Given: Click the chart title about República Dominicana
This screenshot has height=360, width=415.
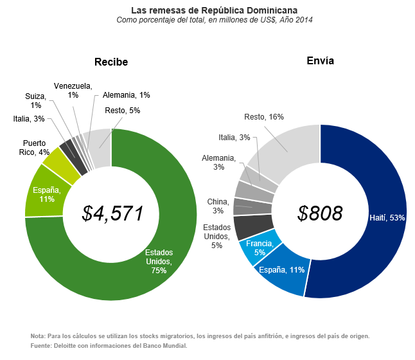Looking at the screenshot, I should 214,10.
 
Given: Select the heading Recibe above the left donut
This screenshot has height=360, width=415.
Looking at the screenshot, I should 111,62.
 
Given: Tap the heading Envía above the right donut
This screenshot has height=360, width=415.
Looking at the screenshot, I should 320,61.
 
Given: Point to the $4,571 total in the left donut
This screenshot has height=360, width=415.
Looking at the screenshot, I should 112,213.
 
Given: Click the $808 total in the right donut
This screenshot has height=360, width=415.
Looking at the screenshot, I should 320,213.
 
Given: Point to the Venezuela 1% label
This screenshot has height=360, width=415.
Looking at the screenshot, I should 73,90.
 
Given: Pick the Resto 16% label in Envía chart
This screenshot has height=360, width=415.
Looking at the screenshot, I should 264,117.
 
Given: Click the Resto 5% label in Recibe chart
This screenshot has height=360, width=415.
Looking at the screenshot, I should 122,111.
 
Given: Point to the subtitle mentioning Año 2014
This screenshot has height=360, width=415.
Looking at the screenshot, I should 214,21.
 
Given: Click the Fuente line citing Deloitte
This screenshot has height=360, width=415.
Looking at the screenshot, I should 109,346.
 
